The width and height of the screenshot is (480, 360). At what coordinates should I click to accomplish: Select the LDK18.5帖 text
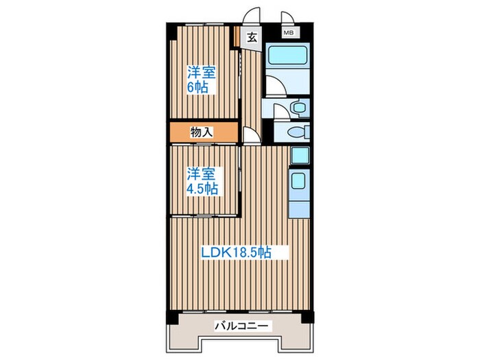point(237,252)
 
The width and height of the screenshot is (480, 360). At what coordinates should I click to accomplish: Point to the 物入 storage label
point(202,132)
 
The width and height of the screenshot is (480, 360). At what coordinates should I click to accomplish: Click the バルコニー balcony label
point(240,327)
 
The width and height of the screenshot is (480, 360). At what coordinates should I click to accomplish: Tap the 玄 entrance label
point(252,38)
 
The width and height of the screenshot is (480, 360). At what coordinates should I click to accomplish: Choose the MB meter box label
point(289,32)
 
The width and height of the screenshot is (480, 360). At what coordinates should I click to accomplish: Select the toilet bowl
point(296,132)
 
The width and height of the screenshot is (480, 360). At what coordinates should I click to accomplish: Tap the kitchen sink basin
point(299,182)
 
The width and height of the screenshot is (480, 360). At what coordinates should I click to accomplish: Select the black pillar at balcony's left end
point(170,317)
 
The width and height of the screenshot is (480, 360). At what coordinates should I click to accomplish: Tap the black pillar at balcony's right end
point(309,317)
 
